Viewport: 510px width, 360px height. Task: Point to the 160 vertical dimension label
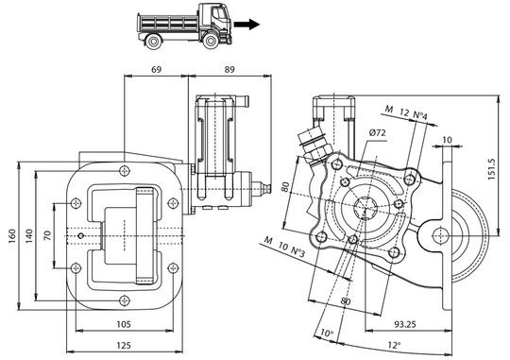click(x=10, y=232)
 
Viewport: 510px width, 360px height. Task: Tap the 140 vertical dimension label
click(x=29, y=232)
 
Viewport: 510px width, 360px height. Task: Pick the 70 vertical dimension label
click(x=47, y=232)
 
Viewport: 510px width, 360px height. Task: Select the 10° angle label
click(x=327, y=334)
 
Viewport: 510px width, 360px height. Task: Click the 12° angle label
click(x=395, y=345)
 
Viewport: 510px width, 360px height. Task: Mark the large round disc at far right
click(x=472, y=232)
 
